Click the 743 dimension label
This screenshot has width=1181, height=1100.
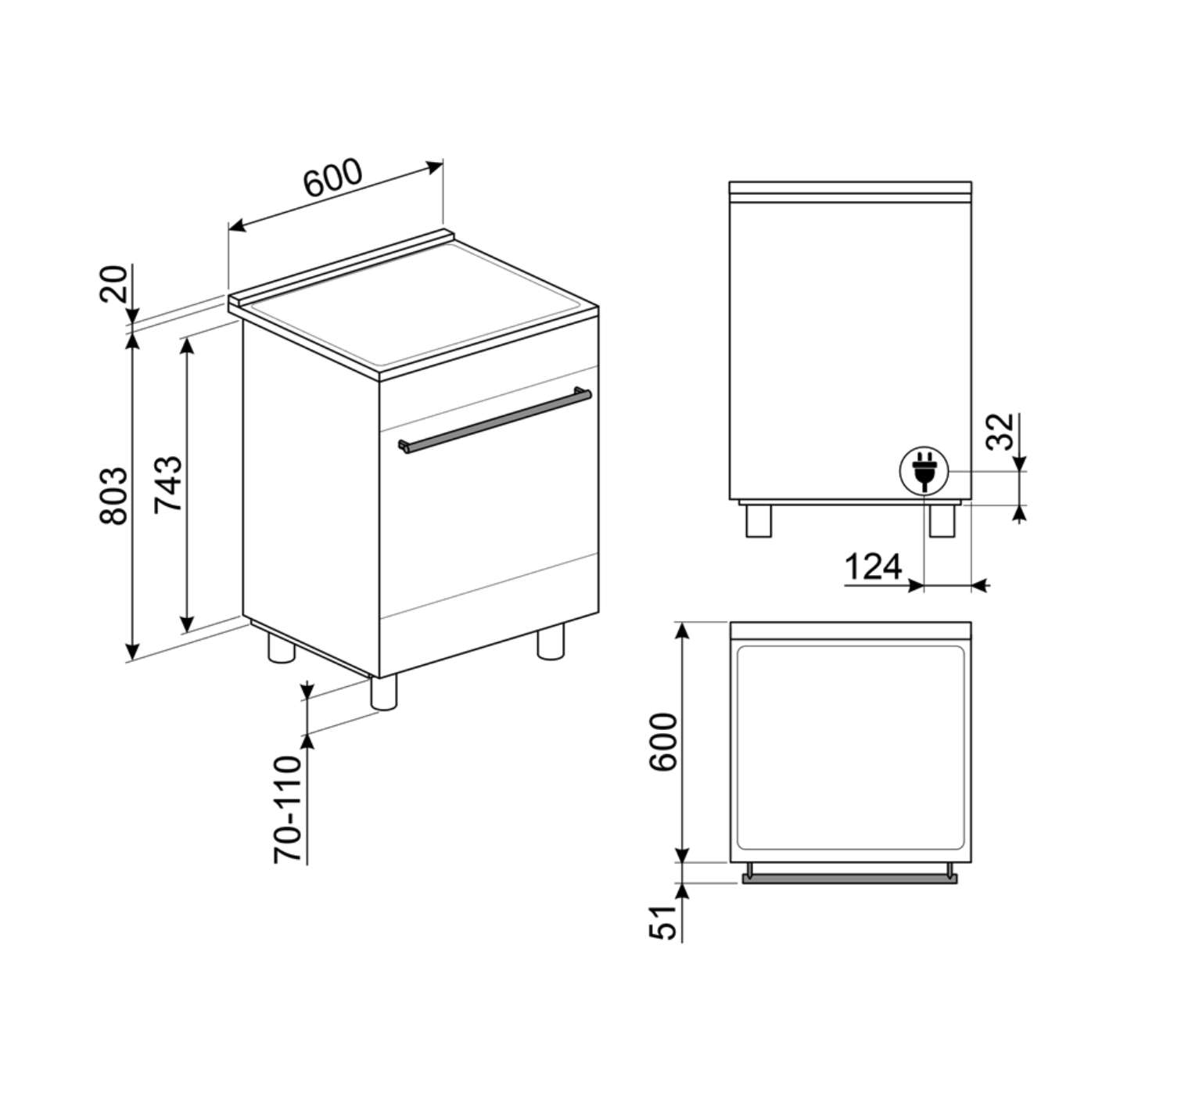(x=168, y=483)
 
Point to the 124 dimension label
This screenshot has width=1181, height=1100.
(x=873, y=566)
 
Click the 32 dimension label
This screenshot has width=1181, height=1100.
(x=1000, y=431)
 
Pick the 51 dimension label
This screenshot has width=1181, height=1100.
(x=662, y=922)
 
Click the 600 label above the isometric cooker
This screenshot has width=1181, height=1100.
(x=333, y=179)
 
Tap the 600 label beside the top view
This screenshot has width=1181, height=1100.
(x=663, y=742)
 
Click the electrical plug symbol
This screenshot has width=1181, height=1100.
(x=924, y=472)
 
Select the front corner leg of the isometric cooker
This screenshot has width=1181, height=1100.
(x=383, y=692)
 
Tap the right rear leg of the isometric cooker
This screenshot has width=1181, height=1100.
(x=550, y=642)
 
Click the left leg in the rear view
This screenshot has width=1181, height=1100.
(x=759, y=520)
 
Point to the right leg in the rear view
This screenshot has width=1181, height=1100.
(x=942, y=520)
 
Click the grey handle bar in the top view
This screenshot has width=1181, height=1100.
(x=849, y=879)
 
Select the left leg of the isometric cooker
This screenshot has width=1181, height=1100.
(x=281, y=649)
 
